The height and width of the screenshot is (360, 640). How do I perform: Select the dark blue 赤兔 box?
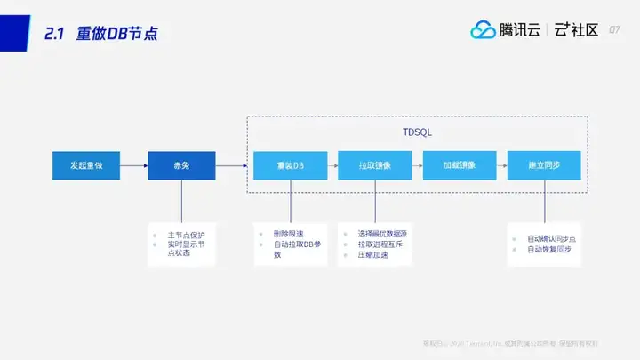tap(181, 165)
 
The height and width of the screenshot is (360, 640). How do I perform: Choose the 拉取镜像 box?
tap(375, 165)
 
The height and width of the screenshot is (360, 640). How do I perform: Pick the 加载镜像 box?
tap(460, 165)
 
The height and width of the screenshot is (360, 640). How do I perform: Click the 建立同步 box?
tap(544, 165)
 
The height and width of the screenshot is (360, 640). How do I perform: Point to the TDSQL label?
tap(417, 132)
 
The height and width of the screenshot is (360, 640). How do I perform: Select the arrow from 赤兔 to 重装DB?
tap(231, 165)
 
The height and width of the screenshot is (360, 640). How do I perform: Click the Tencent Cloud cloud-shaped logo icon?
tap(484, 30)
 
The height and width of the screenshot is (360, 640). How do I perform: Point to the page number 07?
tap(614, 31)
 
